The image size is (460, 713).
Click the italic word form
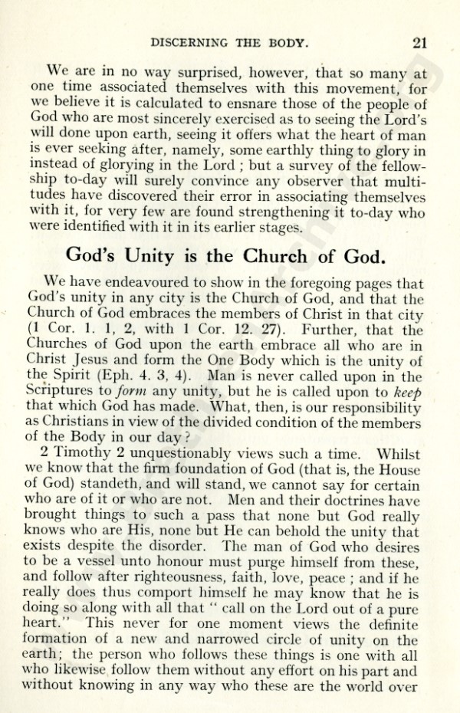pyautogui.click(x=153, y=392)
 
